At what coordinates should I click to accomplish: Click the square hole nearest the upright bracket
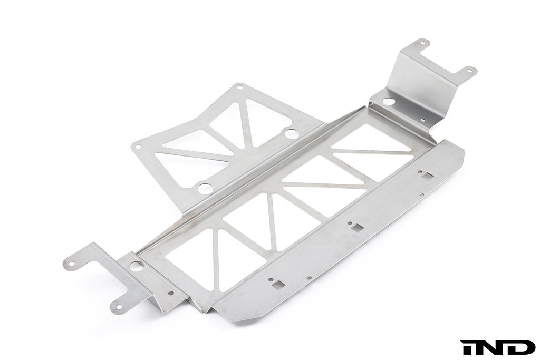click(424, 174)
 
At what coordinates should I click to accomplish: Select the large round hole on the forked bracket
click(137, 267)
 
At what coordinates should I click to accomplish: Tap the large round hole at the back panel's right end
click(291, 133)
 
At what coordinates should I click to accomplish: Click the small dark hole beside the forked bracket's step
click(171, 293)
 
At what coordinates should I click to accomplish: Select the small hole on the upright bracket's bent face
click(425, 120)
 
